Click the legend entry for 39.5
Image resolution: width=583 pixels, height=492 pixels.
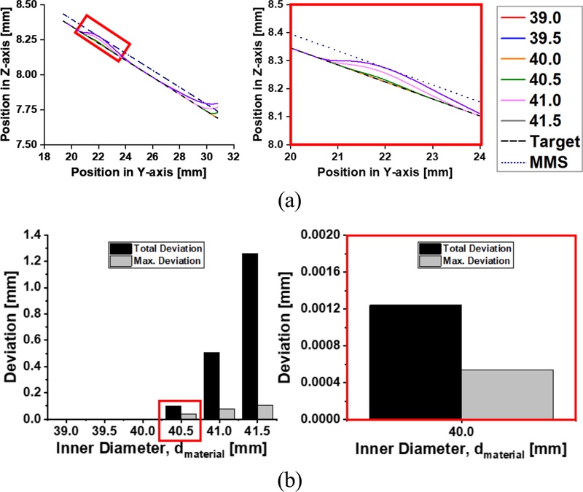coord(531,39)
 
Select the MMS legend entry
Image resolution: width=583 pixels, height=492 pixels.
coord(535,162)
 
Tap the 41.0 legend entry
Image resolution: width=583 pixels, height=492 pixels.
coord(531,101)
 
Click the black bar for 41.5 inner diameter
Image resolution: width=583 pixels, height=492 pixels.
coord(250,336)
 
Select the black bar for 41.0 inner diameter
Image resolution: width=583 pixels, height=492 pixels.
coord(212,386)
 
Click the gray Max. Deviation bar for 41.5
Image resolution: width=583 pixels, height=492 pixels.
coord(265,412)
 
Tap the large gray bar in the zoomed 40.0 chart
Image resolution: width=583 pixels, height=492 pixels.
coord(507,394)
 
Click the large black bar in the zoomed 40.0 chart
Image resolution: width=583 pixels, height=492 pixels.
coord(415,362)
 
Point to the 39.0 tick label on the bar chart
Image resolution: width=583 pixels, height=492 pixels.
coord(66,432)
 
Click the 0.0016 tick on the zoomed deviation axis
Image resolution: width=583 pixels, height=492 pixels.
coord(321,272)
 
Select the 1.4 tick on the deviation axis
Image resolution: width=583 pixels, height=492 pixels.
coord(34,235)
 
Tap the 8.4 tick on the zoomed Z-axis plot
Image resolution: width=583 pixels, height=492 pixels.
coord(275,32)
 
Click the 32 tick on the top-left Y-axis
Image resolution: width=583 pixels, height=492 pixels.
coord(233,157)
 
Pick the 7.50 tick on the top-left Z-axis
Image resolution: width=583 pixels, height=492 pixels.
coord(28,144)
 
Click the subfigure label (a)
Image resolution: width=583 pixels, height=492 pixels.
coord(289,201)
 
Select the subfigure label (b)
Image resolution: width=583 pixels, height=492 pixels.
coord(289,480)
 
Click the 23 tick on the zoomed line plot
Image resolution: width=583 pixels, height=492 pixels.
coord(432,157)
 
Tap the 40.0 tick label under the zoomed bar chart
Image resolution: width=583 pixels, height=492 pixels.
coord(461,432)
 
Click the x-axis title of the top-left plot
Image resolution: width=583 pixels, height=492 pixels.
coord(138,172)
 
